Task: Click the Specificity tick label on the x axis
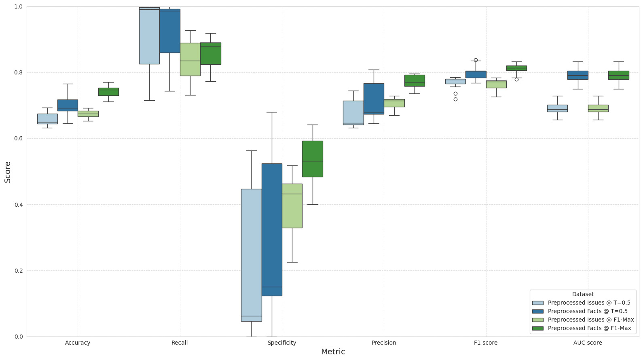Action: [282, 343]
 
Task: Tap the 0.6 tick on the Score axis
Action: [19, 139]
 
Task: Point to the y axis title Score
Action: [8, 172]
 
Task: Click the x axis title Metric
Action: [333, 352]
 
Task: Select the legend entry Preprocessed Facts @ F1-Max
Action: [589, 328]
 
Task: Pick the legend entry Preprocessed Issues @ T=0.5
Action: [589, 303]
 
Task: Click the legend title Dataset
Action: [583, 294]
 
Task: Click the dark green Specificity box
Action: [313, 159]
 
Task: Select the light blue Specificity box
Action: [251, 255]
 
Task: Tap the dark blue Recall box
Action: [170, 31]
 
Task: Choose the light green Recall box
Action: [190, 59]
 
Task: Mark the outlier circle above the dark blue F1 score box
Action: [476, 60]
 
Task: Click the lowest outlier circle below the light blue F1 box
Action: [455, 99]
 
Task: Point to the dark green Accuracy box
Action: [108, 92]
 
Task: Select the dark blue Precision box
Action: [374, 99]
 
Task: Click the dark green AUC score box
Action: [618, 75]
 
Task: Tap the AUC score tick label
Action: [588, 343]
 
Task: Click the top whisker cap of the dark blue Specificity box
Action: [272, 112]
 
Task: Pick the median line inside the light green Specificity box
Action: [292, 194]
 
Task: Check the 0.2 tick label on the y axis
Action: [19, 271]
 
